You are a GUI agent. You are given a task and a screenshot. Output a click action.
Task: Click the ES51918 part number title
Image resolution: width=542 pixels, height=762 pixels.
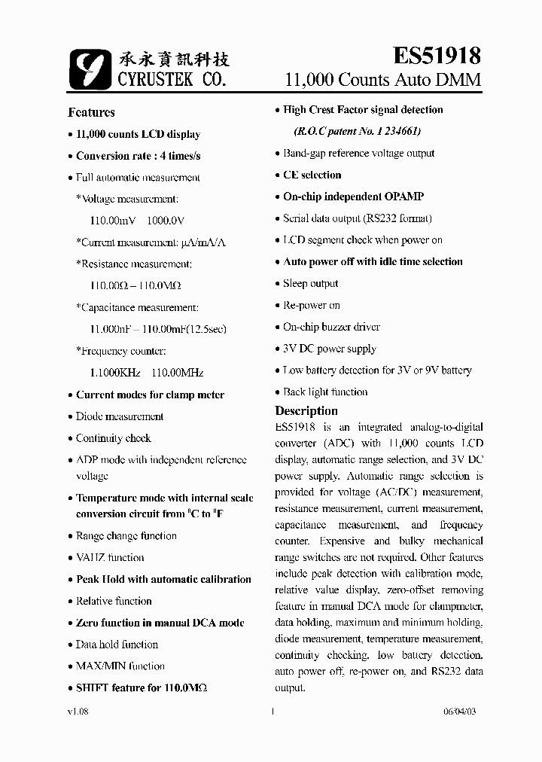437,56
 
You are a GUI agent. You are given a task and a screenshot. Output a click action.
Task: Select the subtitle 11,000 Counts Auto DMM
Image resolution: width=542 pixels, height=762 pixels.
382,80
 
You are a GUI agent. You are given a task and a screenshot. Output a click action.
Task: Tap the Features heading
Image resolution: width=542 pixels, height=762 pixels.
91,112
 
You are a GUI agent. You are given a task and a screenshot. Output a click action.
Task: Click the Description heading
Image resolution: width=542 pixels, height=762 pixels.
306,411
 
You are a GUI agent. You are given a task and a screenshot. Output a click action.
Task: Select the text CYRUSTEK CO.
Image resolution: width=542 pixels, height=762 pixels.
172,78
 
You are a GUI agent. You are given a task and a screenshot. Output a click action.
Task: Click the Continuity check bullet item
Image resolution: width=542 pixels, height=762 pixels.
113,438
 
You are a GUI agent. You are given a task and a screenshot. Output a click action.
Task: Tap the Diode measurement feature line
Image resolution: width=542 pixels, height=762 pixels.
119,416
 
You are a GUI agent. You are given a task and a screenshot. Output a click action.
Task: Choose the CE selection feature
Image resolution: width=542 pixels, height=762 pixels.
312,175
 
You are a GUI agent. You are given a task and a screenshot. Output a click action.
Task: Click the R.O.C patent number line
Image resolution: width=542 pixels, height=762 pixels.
357,131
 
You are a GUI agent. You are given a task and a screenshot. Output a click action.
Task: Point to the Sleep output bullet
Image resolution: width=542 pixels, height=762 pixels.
310,284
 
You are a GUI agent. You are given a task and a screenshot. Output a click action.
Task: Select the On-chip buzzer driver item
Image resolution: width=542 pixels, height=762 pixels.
331,328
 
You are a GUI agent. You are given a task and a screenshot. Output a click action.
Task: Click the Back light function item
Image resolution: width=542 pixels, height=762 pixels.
325,392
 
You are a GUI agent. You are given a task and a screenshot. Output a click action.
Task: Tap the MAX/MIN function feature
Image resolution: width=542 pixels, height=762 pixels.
120,666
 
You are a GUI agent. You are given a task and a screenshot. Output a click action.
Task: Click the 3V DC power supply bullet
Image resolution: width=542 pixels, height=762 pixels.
329,349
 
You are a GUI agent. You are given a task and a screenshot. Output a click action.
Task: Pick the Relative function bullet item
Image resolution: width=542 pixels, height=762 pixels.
114,602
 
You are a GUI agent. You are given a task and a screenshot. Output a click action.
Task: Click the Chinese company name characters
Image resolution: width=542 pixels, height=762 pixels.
174,59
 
